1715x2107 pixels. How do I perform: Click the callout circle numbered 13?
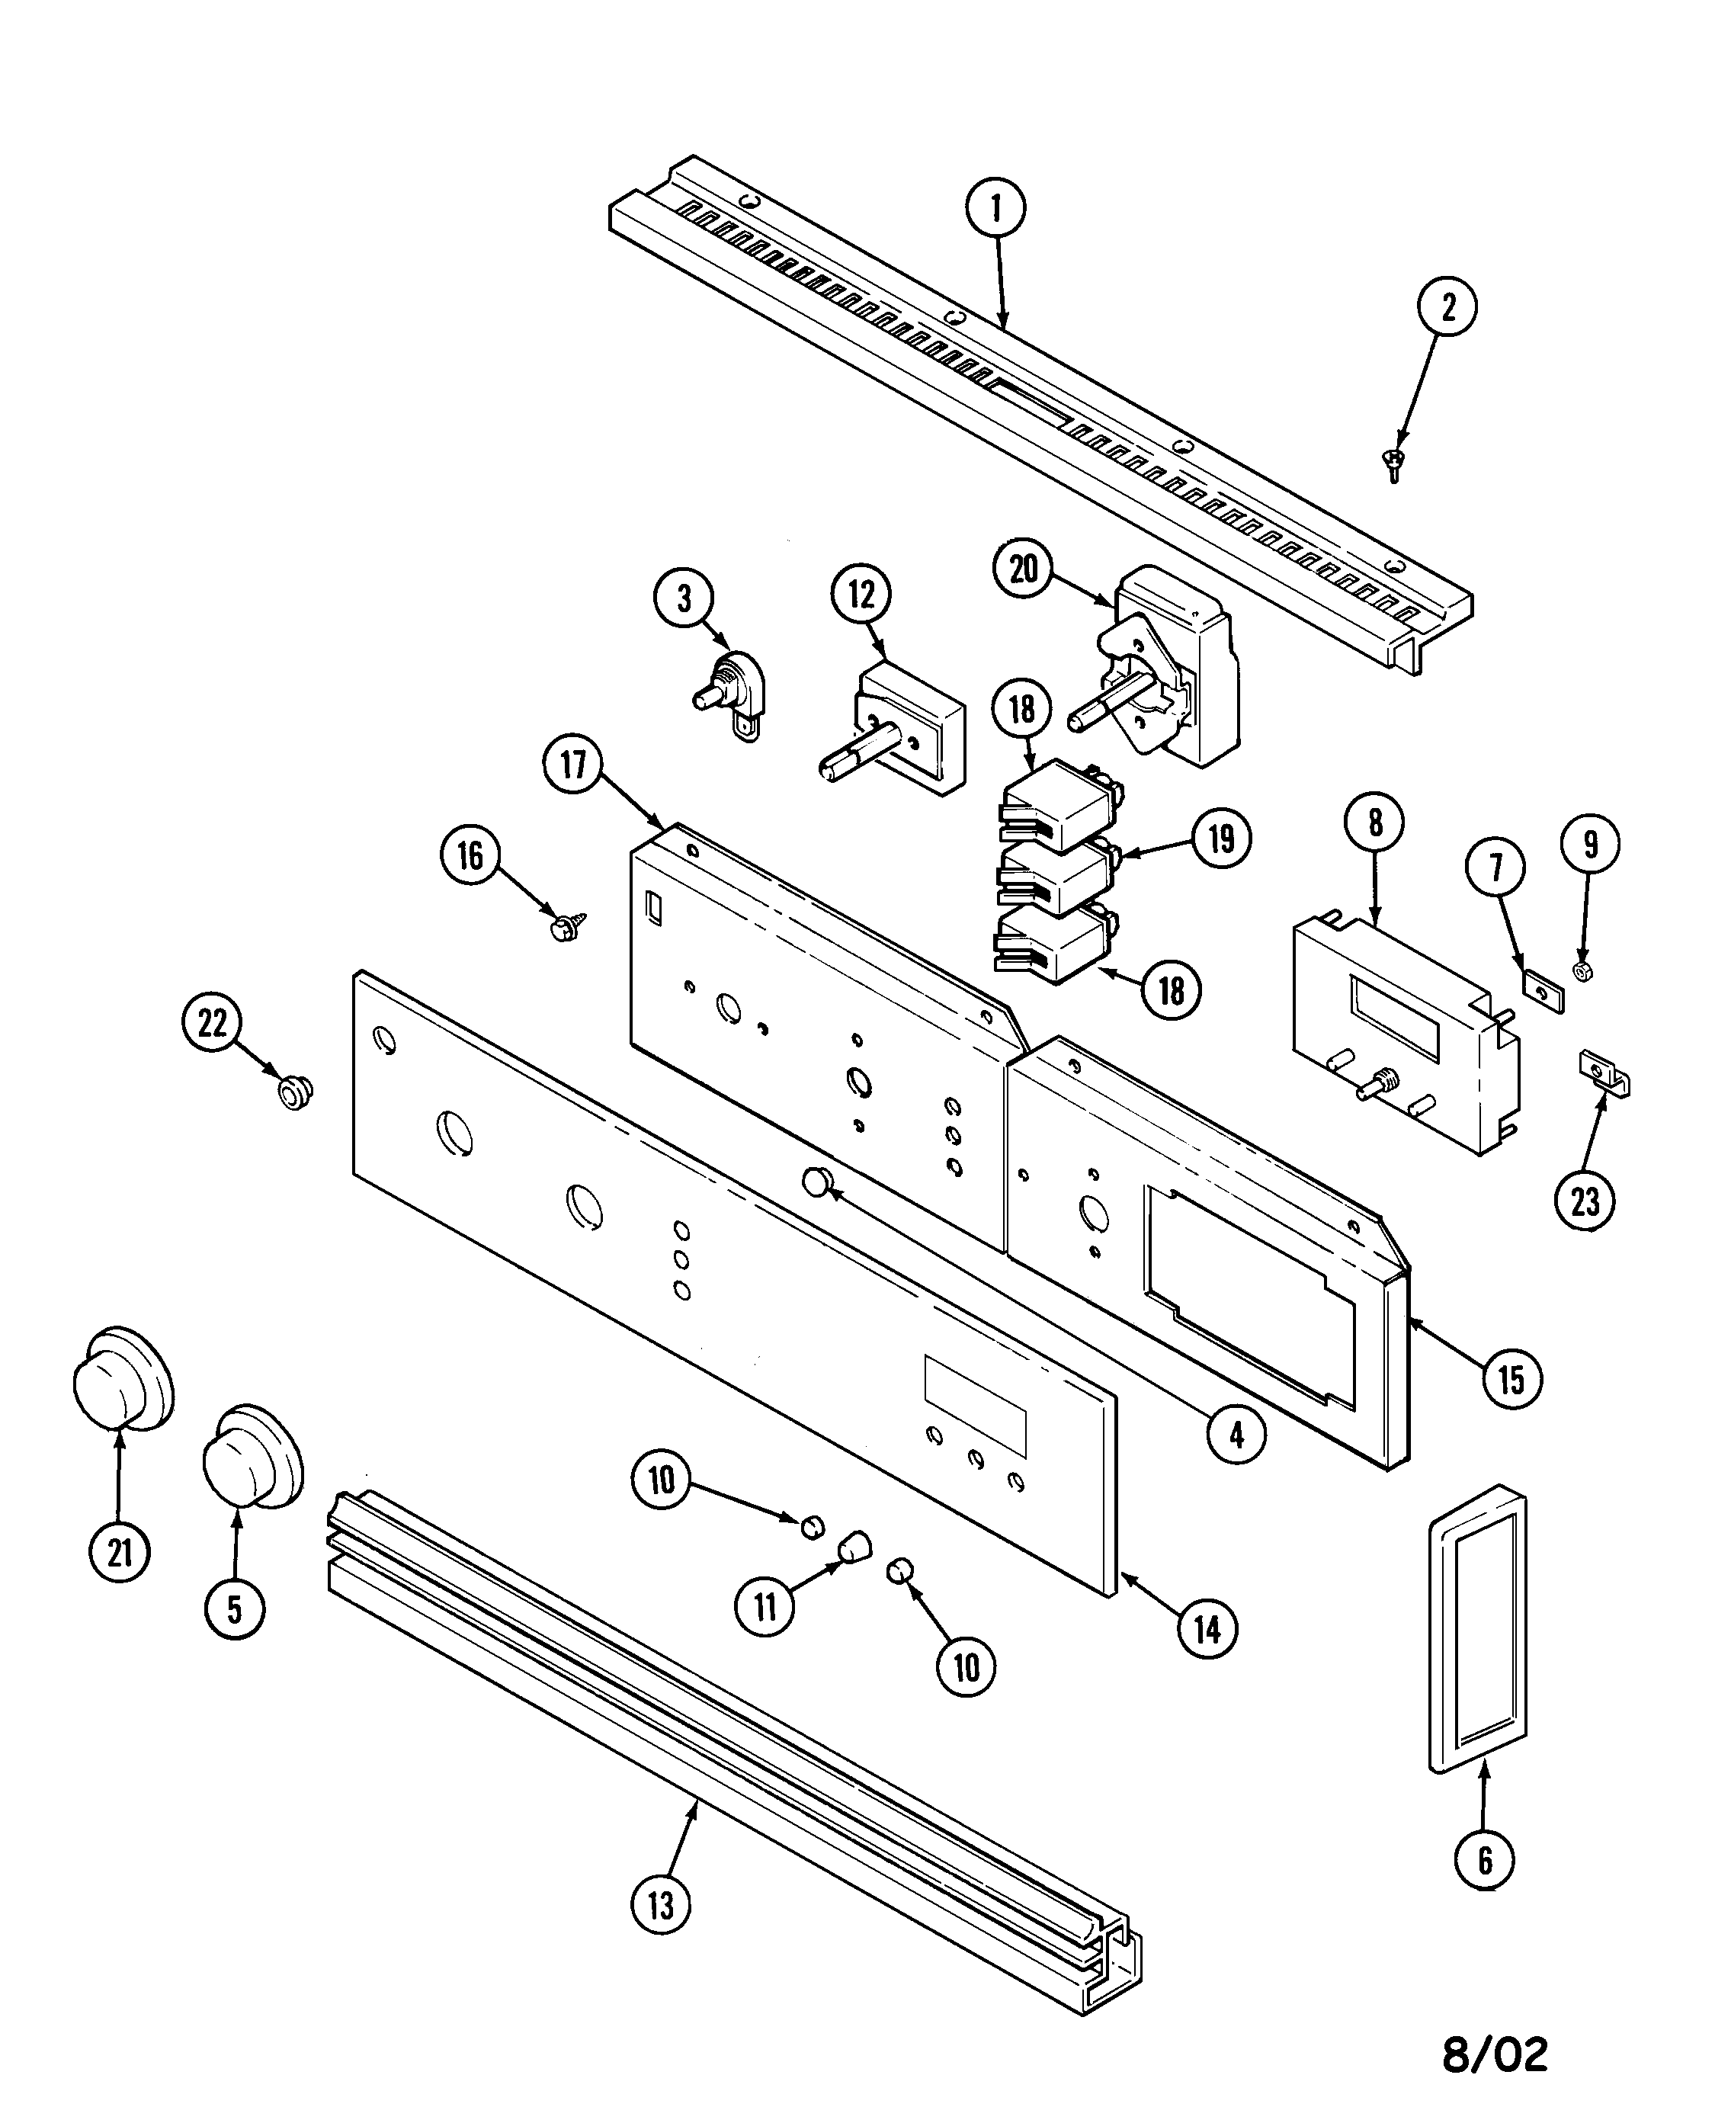pyautogui.click(x=660, y=1903)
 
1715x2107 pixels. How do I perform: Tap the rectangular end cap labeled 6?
pyautogui.click(x=1477, y=1642)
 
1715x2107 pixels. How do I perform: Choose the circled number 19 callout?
pyautogui.click(x=1221, y=839)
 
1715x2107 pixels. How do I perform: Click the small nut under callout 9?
pyautogui.click(x=1581, y=971)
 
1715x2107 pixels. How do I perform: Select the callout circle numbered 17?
pyautogui.click(x=573, y=765)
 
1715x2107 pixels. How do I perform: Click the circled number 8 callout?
pyautogui.click(x=1375, y=823)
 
